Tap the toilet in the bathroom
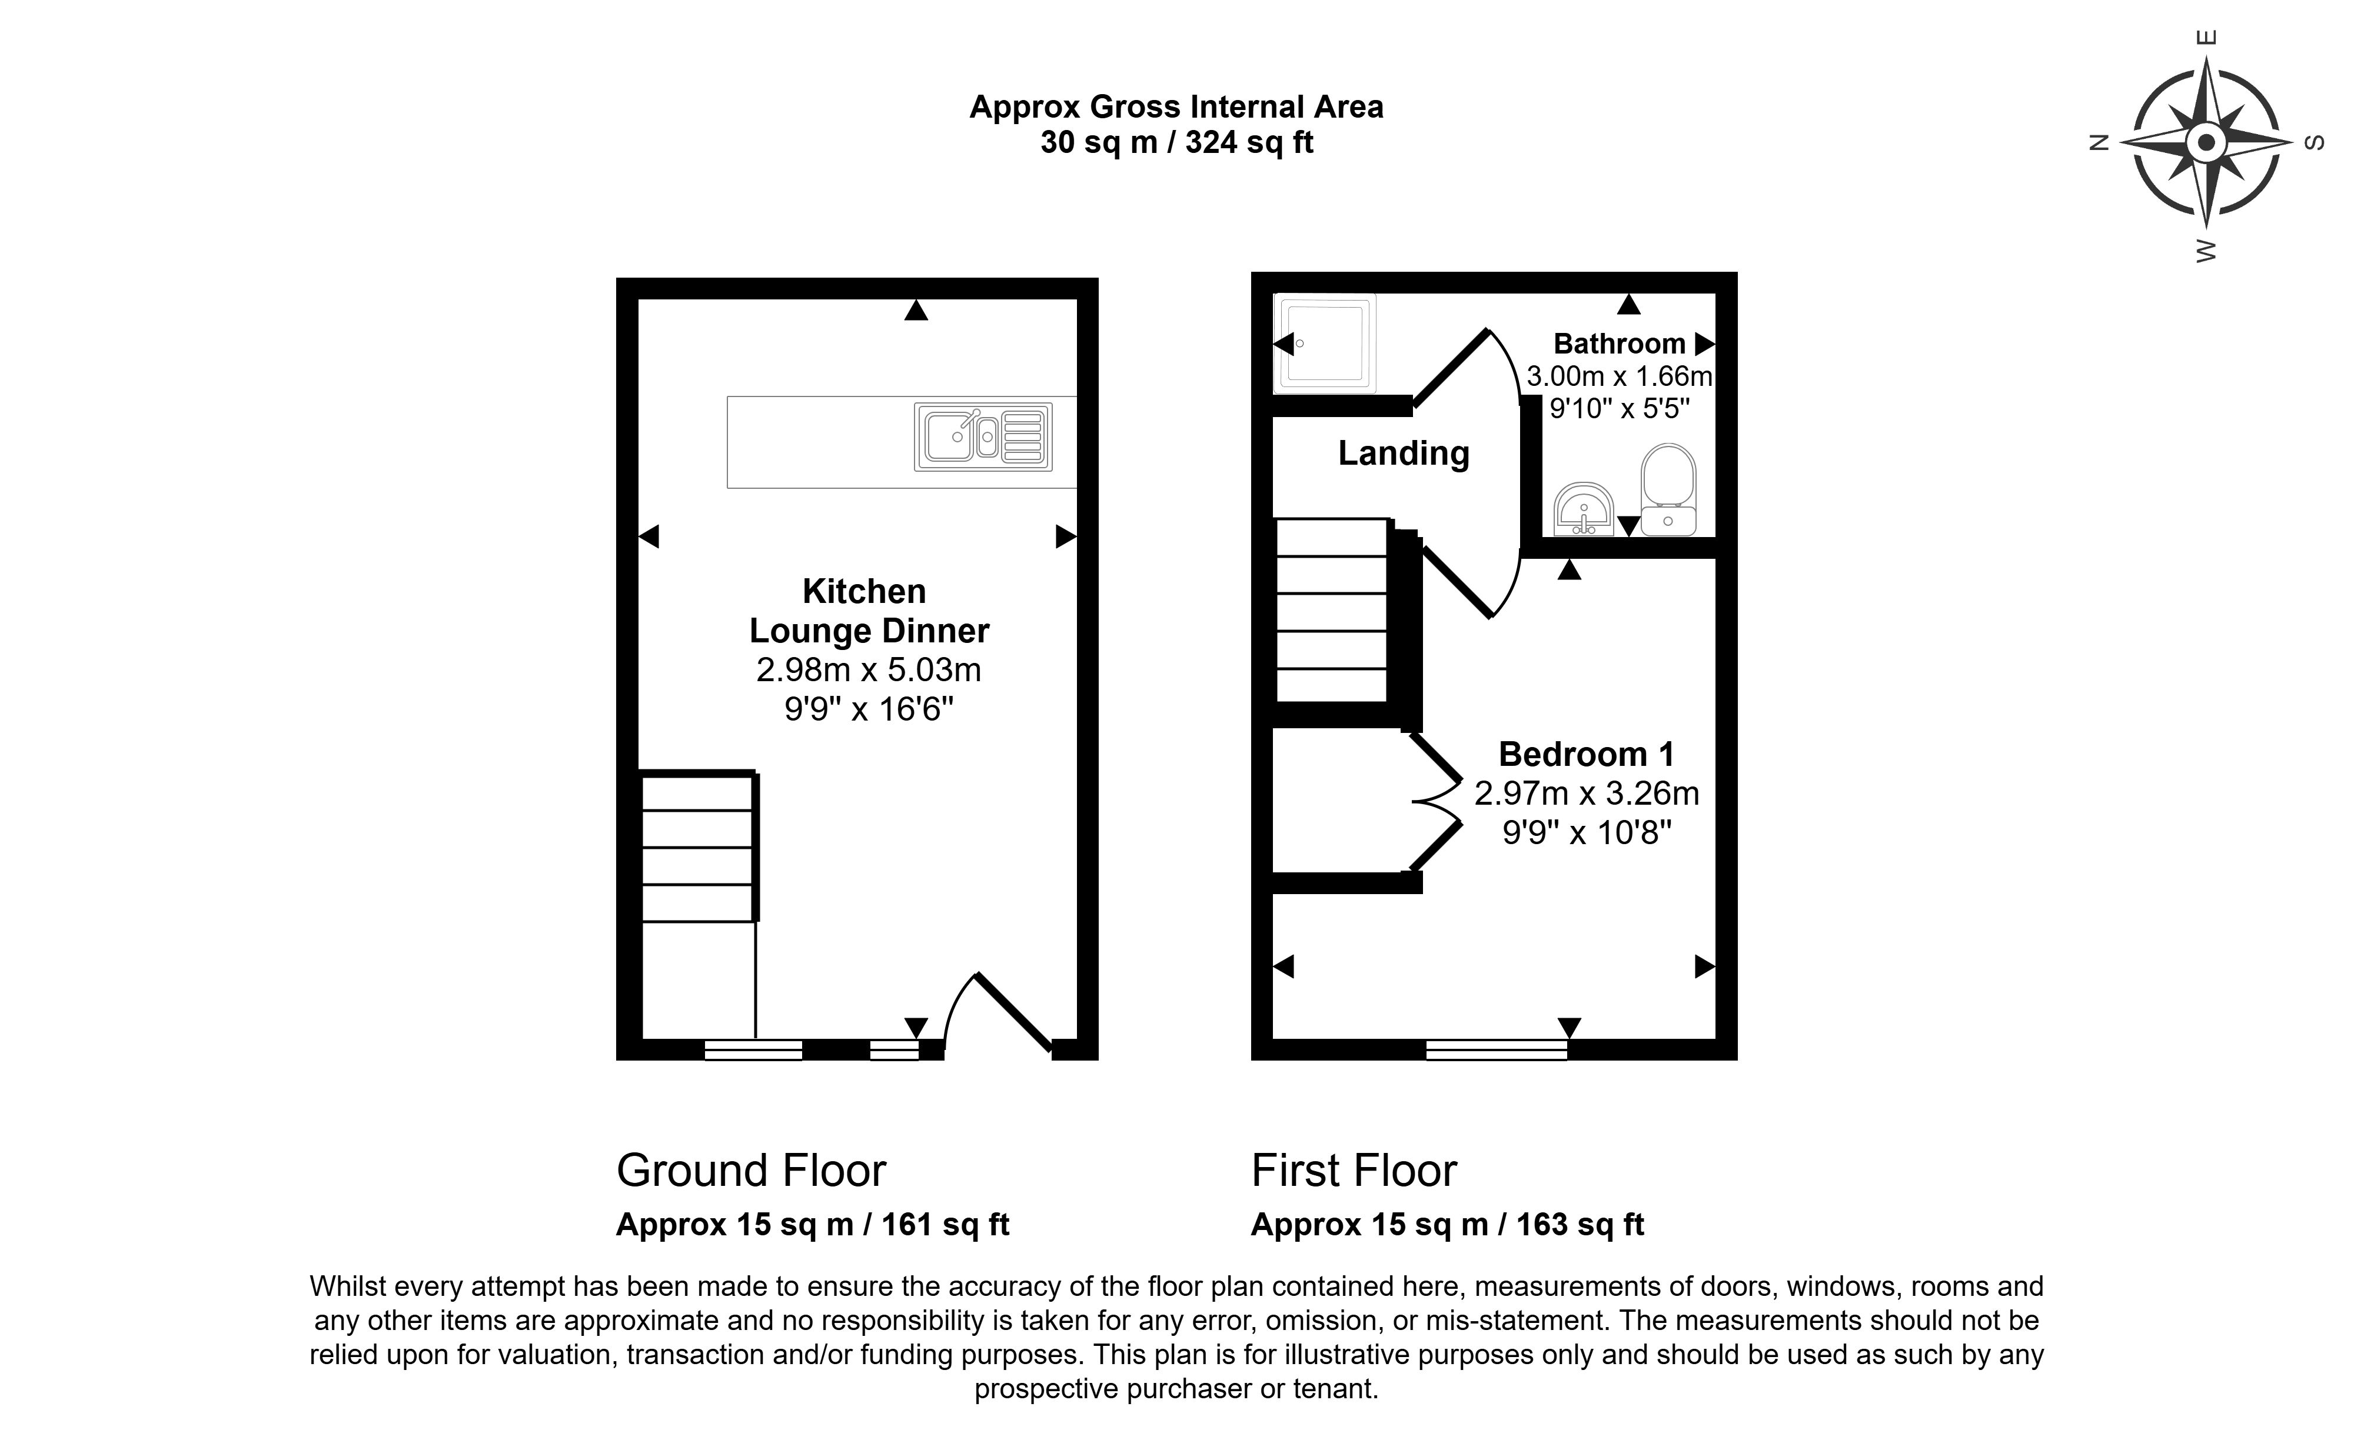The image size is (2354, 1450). tap(1668, 489)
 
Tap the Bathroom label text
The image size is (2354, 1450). tap(1619, 344)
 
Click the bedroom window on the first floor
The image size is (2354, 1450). tap(1497, 1050)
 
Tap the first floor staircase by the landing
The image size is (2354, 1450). tap(1331, 611)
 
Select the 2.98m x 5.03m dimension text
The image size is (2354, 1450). tap(868, 669)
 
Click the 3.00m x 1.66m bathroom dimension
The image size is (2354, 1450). tap(1619, 376)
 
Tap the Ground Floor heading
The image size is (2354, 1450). tap(751, 1170)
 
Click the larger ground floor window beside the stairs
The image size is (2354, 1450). tap(753, 1050)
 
